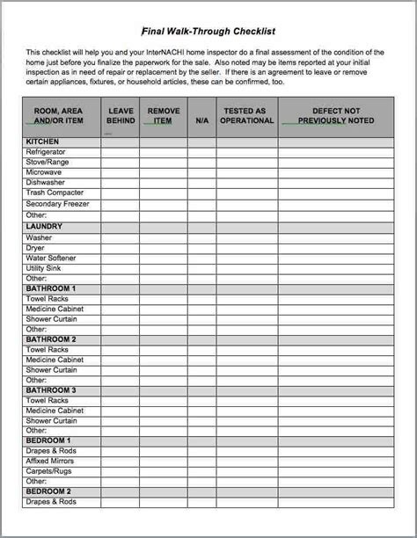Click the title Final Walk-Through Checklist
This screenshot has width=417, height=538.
click(x=208, y=28)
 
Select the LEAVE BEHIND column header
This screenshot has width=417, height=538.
click(x=120, y=115)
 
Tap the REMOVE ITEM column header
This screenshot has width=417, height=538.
click(x=163, y=115)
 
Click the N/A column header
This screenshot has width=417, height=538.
click(x=201, y=120)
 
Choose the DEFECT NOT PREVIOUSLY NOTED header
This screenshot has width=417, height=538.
click(x=335, y=115)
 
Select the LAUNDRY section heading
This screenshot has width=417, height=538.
click(x=44, y=226)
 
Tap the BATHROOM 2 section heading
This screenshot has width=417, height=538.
click(x=51, y=339)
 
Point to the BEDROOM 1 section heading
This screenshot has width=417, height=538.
click(x=48, y=440)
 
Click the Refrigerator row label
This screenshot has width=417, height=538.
click(x=46, y=152)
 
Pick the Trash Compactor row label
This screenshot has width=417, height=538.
click(x=55, y=193)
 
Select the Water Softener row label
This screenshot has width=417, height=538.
click(x=51, y=258)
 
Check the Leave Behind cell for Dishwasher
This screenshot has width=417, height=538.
click(x=120, y=183)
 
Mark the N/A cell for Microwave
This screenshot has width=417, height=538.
click(x=201, y=172)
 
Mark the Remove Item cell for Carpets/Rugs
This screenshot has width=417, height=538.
click(x=163, y=471)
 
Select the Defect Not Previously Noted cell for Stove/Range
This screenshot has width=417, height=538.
click(x=335, y=163)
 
